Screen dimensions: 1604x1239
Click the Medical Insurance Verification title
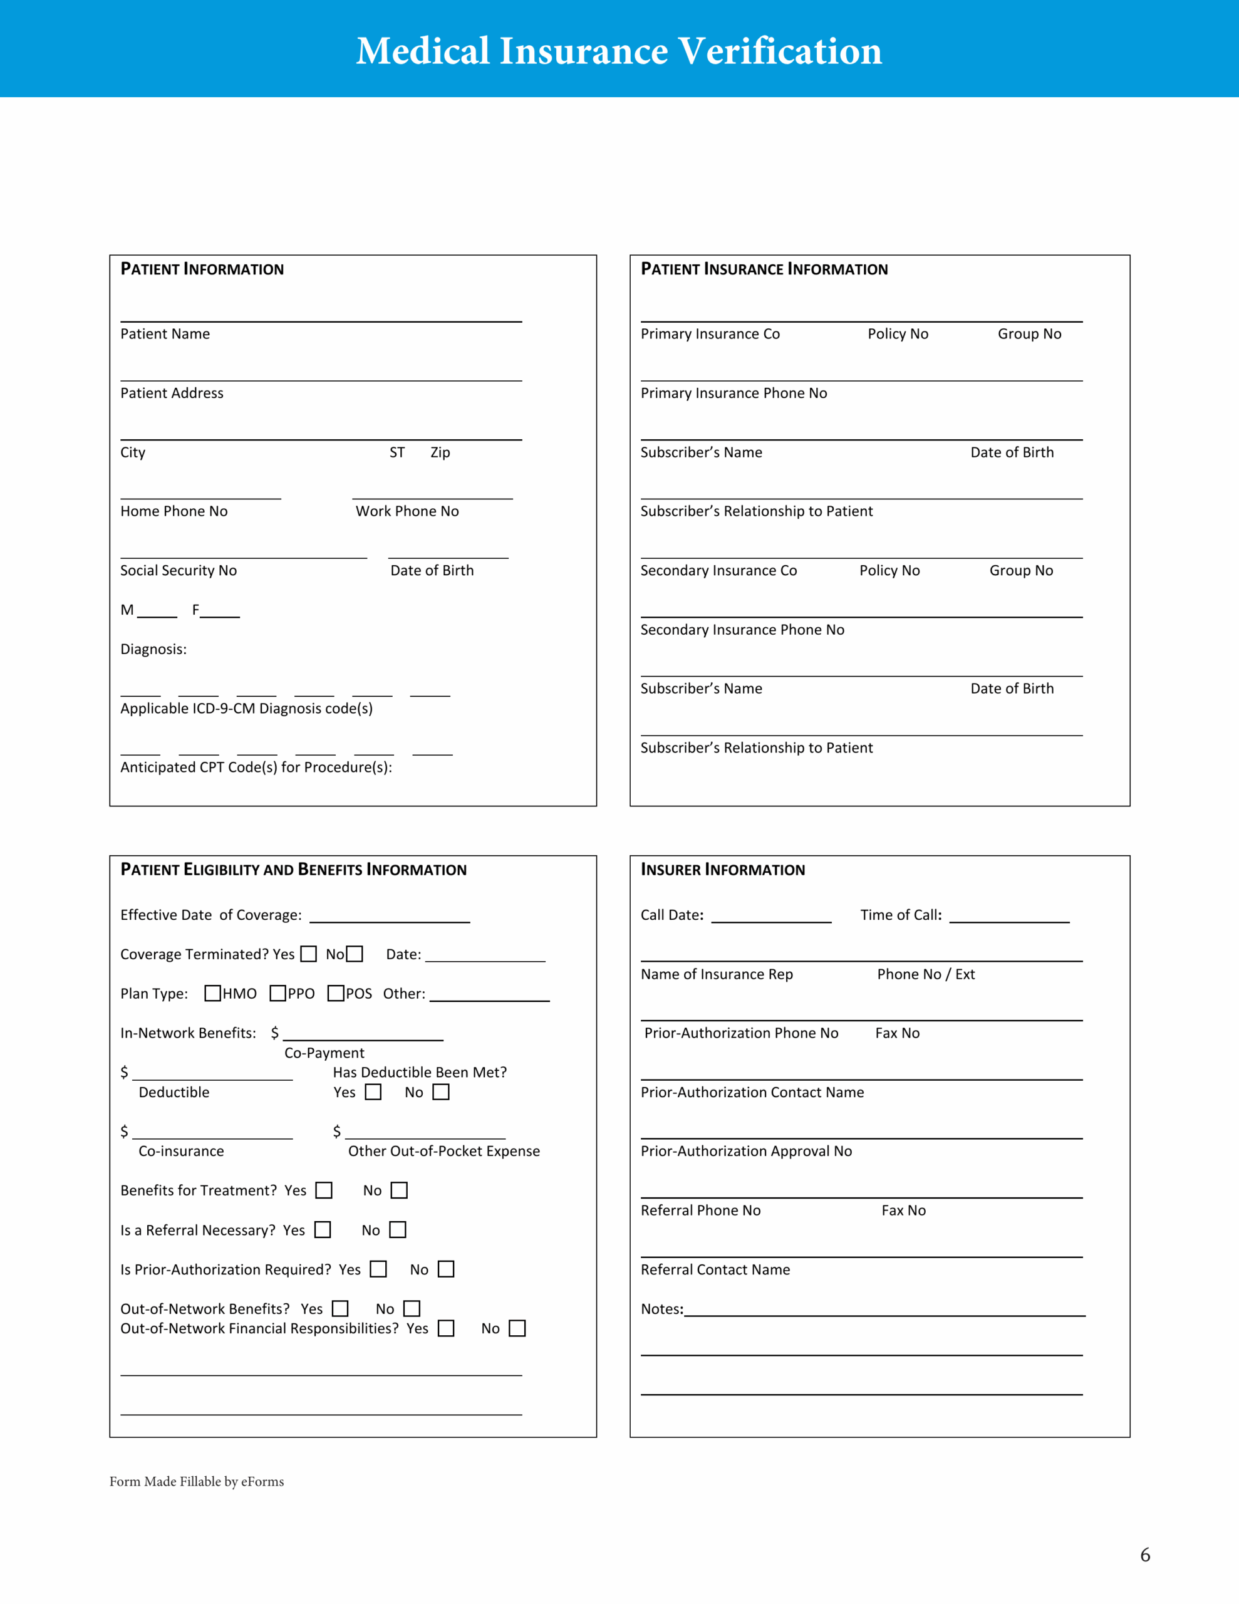point(618,51)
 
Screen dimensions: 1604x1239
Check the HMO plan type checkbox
point(212,993)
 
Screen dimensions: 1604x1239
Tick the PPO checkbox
point(277,993)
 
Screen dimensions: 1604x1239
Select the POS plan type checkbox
point(336,993)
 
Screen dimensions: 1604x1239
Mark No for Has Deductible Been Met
point(440,1092)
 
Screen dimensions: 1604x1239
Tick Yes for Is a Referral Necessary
point(323,1229)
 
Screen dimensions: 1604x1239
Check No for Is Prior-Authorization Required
point(446,1269)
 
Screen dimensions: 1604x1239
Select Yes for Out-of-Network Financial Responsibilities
point(446,1328)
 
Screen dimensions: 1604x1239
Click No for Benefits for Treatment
point(399,1190)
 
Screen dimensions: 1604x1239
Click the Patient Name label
point(165,334)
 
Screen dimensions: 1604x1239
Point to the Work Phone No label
point(407,511)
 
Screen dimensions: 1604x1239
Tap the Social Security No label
point(179,571)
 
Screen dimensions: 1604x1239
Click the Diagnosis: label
point(153,649)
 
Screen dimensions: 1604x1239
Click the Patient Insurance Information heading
point(764,269)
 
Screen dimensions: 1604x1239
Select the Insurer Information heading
point(723,870)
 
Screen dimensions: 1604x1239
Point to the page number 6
point(1145,1555)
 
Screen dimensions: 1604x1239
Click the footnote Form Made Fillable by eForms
point(197,1481)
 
